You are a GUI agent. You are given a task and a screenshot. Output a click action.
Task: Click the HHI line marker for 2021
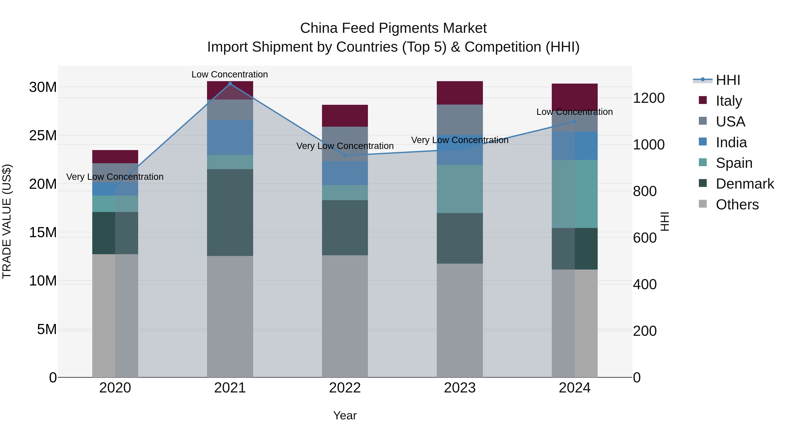click(x=230, y=84)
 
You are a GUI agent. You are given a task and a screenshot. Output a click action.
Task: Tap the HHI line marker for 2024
click(x=574, y=121)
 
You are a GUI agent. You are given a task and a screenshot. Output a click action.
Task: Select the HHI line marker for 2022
click(x=345, y=156)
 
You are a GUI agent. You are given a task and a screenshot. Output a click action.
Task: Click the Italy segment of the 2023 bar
click(x=460, y=93)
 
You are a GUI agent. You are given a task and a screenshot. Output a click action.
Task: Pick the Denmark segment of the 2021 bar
click(x=230, y=212)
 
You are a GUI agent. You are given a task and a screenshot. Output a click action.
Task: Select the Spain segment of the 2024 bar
click(x=574, y=194)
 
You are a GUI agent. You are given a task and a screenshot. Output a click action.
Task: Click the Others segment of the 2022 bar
click(x=345, y=316)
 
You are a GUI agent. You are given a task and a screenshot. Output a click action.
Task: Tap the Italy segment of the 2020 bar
click(x=115, y=157)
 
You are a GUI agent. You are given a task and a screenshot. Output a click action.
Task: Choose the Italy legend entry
click(x=729, y=101)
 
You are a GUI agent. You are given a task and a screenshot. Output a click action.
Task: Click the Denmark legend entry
click(x=745, y=184)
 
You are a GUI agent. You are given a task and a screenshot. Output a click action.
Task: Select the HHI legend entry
click(x=728, y=80)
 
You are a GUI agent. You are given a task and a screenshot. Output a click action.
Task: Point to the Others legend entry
click(x=737, y=205)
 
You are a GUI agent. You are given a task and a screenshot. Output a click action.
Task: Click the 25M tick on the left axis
click(x=43, y=135)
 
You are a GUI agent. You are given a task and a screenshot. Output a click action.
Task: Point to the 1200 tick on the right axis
click(x=649, y=98)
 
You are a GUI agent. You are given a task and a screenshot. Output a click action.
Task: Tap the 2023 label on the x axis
click(x=460, y=388)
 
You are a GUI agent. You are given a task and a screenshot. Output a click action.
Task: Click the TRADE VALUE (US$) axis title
click(x=7, y=221)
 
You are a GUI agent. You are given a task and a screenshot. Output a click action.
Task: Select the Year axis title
click(x=345, y=415)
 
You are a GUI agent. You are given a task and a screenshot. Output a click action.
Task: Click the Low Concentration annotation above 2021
click(x=230, y=74)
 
